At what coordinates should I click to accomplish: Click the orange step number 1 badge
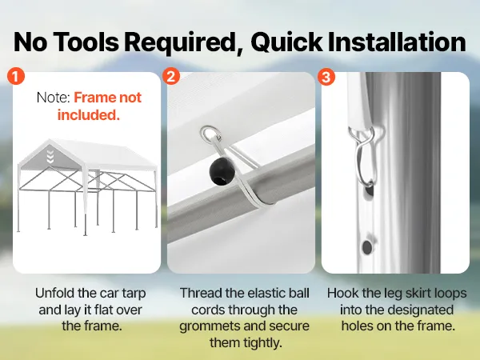[x=16, y=76]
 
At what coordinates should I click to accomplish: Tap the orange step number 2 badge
[x=171, y=76]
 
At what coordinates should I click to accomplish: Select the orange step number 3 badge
[x=326, y=77]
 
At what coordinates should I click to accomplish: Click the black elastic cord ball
[x=222, y=171]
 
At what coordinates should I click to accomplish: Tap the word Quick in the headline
[x=286, y=42]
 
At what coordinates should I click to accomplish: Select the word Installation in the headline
[x=397, y=42]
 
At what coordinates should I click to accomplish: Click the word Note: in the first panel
[x=54, y=98]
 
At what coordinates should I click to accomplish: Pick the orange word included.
[x=89, y=114]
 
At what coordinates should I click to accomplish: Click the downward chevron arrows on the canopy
[x=50, y=156]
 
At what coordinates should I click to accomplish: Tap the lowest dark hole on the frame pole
[x=366, y=247]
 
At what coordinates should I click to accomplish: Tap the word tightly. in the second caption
[x=246, y=342]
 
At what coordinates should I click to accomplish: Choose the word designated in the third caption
[x=423, y=310]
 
